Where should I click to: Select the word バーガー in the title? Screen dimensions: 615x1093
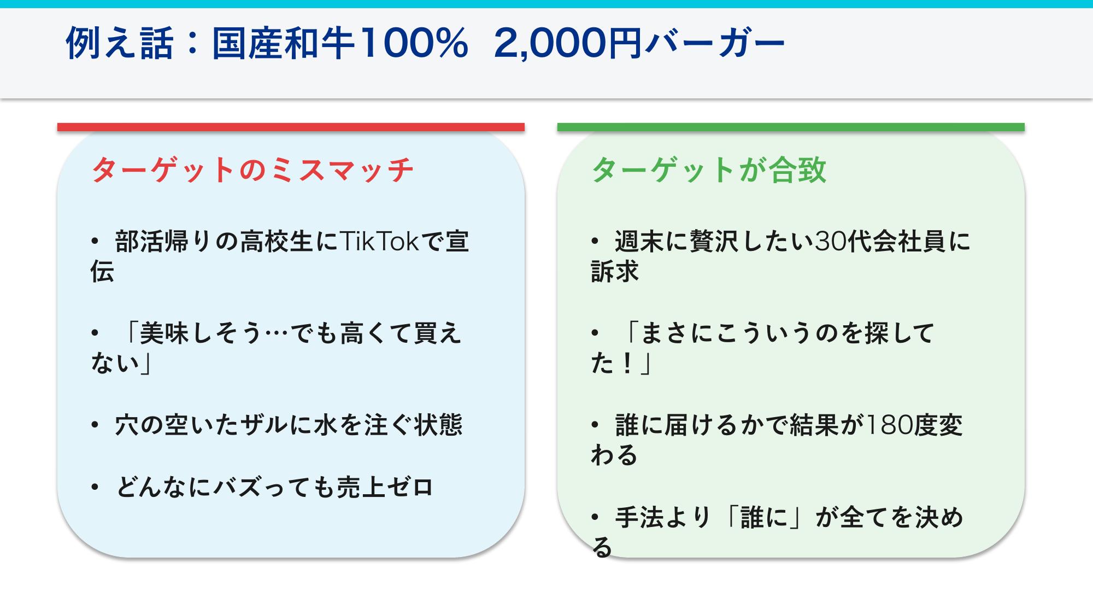coord(714,44)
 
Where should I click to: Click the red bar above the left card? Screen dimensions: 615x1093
coord(291,127)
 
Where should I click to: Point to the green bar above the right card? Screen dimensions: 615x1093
coord(791,127)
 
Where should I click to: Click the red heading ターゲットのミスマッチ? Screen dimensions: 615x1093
coord(252,169)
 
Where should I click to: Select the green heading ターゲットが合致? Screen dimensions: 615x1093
coord(709,169)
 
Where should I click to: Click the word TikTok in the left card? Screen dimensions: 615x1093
coord(379,241)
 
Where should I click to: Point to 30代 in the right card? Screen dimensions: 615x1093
coord(842,241)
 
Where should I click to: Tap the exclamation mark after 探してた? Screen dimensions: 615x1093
coord(628,363)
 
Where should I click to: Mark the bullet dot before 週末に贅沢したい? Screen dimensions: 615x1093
coord(595,241)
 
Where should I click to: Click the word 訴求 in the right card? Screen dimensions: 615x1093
coord(615,271)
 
